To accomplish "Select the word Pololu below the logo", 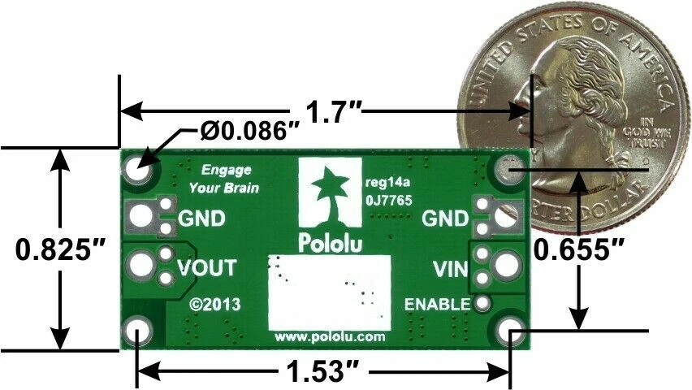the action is [x=330, y=242].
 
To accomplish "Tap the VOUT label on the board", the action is [x=206, y=267].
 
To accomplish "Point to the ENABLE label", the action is [x=437, y=305].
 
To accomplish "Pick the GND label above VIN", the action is [x=445, y=218].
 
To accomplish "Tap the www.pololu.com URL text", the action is [x=329, y=336].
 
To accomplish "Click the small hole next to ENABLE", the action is [x=484, y=304].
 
